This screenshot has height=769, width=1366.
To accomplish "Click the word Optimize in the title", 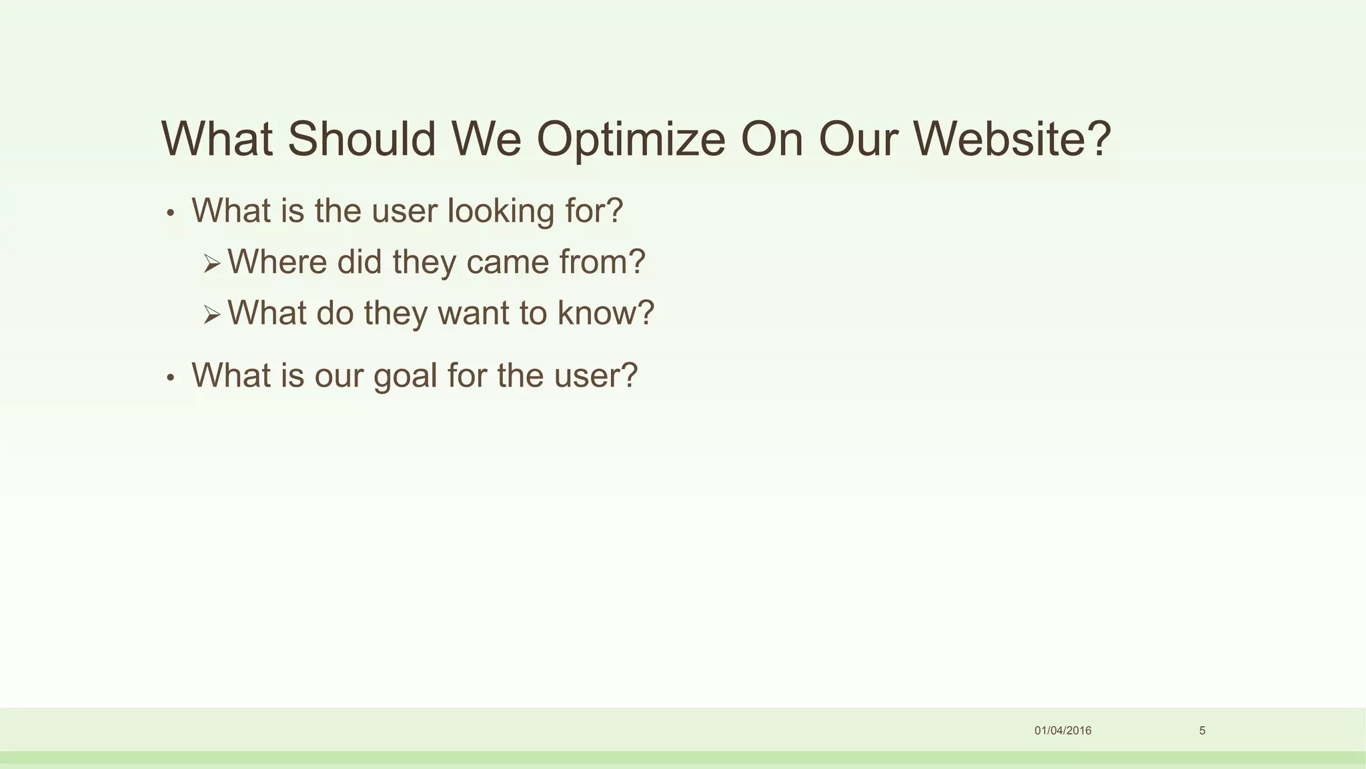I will (630, 140).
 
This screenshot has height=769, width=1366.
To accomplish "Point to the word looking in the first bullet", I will (501, 212).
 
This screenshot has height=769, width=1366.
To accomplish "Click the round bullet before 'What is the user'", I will (171, 214).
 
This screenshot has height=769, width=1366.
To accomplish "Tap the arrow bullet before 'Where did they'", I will (211, 264).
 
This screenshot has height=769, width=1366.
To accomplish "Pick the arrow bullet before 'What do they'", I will (211, 314).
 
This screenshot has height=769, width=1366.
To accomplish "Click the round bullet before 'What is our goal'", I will (171, 378).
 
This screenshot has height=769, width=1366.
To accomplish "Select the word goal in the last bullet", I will (405, 376).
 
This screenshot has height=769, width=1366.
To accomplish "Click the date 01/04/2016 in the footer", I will (1063, 730).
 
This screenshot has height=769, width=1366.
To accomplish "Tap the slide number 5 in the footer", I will (1202, 730).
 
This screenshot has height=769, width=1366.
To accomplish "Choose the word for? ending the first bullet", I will (594, 211).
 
